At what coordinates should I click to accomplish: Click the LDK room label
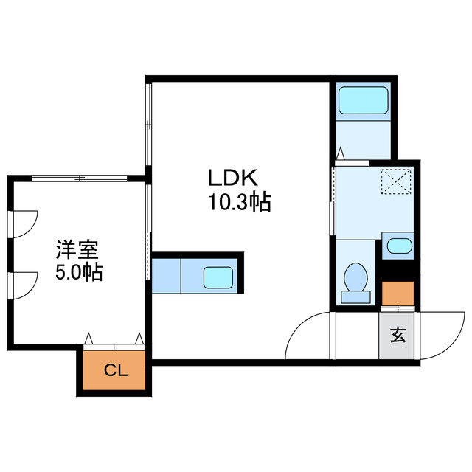[231, 178]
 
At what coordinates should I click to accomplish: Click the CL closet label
[115, 370]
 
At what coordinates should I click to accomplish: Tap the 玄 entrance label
[398, 336]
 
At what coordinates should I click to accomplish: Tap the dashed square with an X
[397, 180]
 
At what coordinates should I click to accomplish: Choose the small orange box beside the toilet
[399, 294]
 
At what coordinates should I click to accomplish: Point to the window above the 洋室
[80, 177]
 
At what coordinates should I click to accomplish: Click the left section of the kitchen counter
[167, 275]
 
